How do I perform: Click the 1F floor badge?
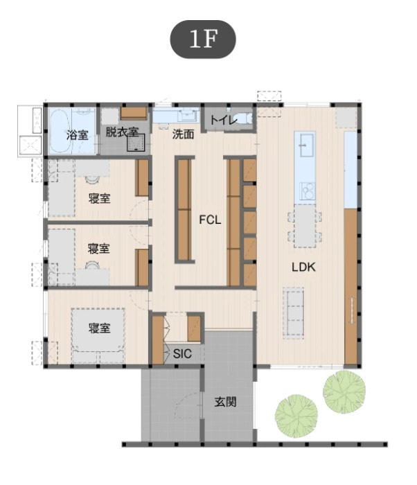[203, 39]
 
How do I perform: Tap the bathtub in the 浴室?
[60, 131]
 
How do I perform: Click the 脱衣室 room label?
[122, 132]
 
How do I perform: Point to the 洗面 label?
[183, 134]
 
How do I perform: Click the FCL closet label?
[210, 220]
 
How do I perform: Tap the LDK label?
[303, 267]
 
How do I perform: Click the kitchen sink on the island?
[305, 144]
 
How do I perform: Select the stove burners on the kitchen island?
[308, 191]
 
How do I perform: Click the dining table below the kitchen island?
[305, 226]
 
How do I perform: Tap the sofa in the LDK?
[293, 313]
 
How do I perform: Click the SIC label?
[182, 354]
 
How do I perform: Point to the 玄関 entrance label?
[226, 402]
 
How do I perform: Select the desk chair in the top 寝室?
[92, 179]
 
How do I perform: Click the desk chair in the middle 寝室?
[92, 265]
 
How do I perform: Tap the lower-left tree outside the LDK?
[296, 416]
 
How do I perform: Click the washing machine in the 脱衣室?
[136, 143]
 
